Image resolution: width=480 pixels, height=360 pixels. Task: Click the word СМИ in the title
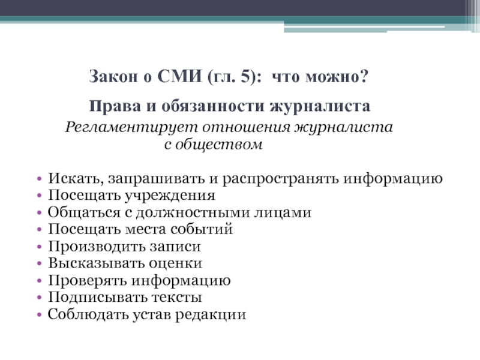tap(179, 76)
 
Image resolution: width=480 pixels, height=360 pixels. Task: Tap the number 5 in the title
tap(246, 76)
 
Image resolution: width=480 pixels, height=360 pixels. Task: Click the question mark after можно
tap(364, 76)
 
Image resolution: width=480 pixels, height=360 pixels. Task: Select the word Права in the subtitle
tap(115, 106)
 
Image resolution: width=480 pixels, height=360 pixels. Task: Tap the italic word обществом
tap(219, 144)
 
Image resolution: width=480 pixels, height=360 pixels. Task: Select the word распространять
tap(280, 179)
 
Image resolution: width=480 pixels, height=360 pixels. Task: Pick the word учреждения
tap(170, 196)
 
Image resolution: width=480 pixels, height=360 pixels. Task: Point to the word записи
tap(175, 247)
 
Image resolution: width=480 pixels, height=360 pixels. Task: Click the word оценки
tap(175, 263)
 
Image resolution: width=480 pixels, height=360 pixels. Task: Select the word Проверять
tap(88, 281)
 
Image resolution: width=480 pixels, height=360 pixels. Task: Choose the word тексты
tap(176, 298)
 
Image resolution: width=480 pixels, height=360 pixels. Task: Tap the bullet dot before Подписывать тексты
tap(39, 298)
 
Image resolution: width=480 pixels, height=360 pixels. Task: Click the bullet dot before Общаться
tap(39, 213)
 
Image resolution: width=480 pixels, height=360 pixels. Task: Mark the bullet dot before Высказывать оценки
tap(39, 263)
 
